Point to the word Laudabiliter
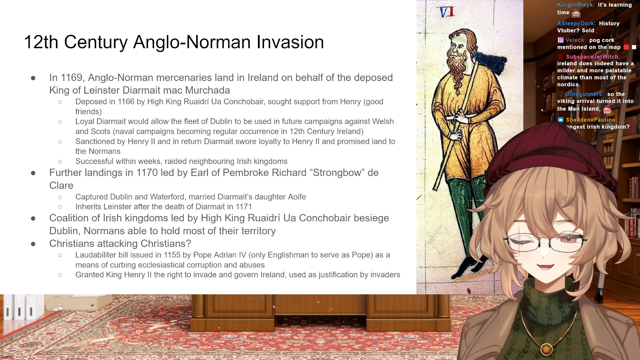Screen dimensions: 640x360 point(96,255)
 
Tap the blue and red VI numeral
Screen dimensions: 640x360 point(447,12)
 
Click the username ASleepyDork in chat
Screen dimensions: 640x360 point(576,23)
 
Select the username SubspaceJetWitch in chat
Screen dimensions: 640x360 point(592,57)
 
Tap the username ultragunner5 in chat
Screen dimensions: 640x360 point(584,94)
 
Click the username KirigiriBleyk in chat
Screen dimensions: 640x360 point(576,5)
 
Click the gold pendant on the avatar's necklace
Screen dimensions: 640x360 point(546,349)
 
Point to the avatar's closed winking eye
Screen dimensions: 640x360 point(520,242)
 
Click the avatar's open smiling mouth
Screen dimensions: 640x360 point(545,266)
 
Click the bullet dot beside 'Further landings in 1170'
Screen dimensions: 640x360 point(33,173)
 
